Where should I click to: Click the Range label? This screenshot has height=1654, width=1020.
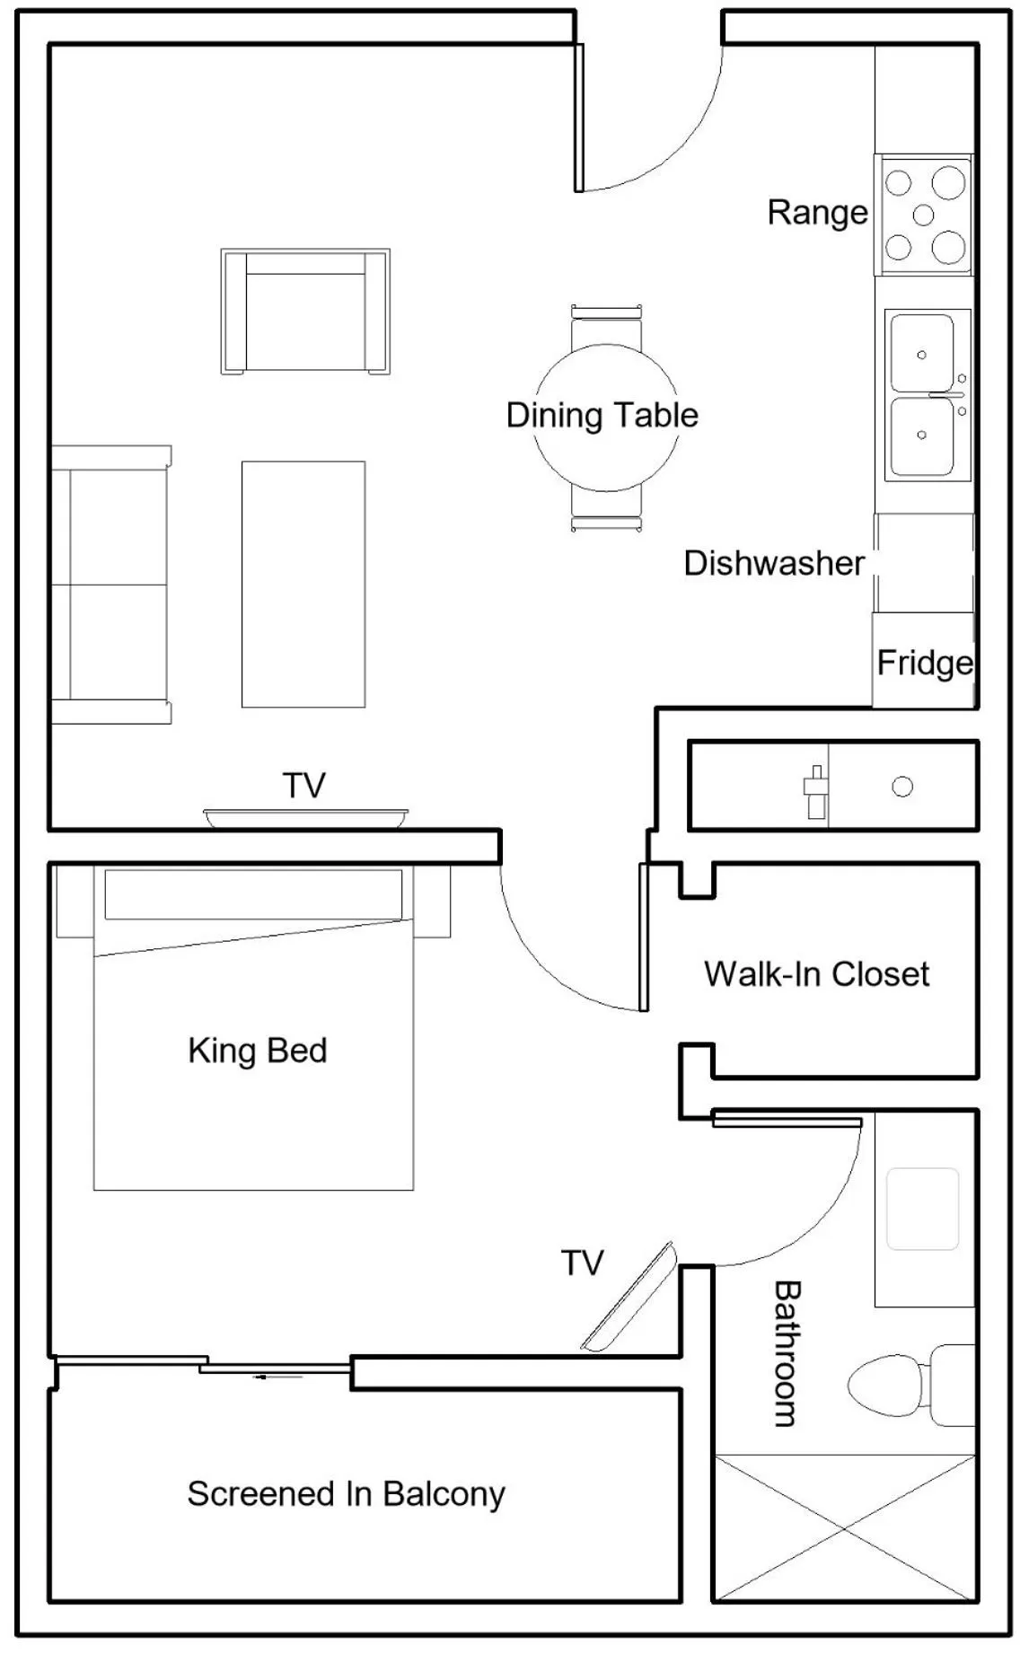817,214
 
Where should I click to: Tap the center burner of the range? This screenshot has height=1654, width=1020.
923,216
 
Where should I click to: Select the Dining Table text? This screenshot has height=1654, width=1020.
602,416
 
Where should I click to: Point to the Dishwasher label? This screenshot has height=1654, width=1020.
774,564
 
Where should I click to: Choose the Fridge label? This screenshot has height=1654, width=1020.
924,664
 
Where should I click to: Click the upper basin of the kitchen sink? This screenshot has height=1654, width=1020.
921,354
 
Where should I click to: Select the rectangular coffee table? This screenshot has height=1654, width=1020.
303,585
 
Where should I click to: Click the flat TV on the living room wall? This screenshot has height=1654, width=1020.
305,817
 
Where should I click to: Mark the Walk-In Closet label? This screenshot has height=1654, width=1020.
816,974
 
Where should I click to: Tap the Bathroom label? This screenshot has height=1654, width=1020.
786,1353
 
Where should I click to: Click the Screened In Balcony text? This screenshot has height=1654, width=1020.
346,1494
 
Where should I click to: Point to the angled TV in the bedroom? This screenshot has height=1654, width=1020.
629,1298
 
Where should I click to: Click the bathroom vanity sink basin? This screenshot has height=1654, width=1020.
922,1209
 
